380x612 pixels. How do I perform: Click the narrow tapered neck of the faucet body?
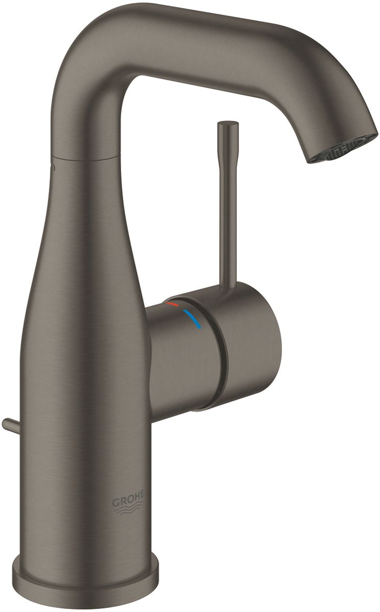coord(87,204)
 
